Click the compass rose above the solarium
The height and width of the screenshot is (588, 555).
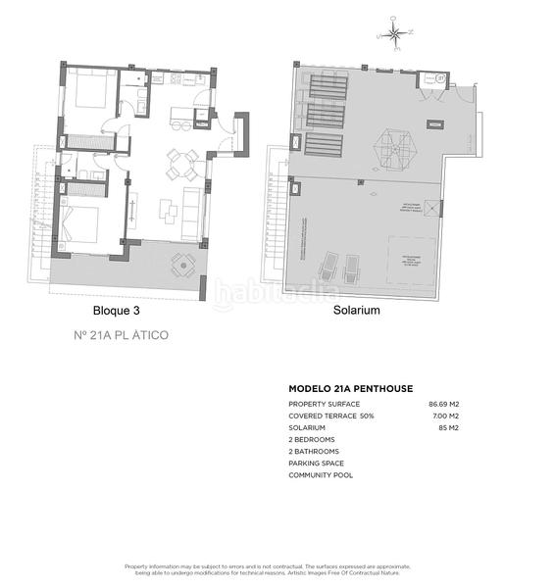394,36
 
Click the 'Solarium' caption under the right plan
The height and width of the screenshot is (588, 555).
356,310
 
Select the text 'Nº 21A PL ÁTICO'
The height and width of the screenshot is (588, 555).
122,335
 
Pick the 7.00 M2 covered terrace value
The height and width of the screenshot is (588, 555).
445,416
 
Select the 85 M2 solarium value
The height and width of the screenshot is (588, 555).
448,428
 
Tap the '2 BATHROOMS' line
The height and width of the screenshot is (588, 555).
316,452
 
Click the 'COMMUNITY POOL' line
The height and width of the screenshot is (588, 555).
321,475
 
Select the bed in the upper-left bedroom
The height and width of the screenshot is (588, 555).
89,95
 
